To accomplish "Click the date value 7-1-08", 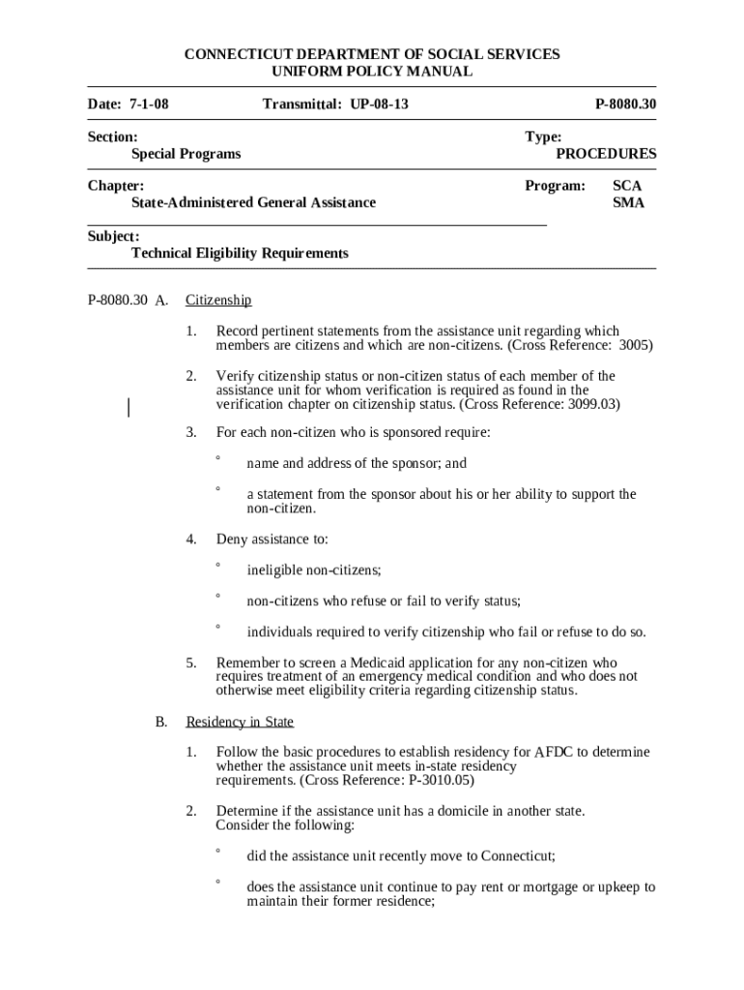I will coord(148,103).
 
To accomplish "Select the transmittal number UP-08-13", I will coord(378,103).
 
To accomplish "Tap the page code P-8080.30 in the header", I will coord(625,103).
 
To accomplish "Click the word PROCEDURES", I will coord(606,154).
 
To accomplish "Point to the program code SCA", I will coord(627,186).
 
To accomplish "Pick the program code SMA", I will coord(628,203).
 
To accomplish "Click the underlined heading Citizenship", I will coord(218,301).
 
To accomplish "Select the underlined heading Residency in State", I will coord(240,722).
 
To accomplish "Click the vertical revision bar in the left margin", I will coord(129,407).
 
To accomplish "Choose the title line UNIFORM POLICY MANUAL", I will coord(372,72).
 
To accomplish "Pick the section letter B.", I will coord(162,722).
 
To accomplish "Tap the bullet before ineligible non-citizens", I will coord(218,566).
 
